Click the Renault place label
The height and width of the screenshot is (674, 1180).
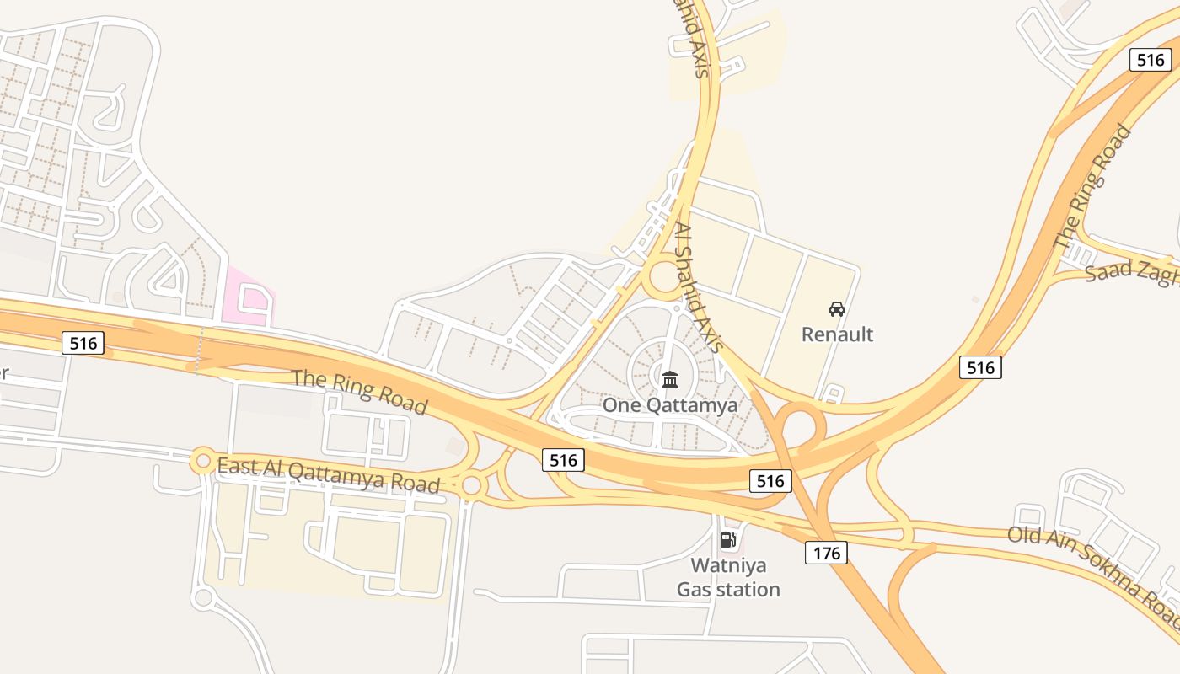point(837,334)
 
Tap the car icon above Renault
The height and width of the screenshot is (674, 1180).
point(837,309)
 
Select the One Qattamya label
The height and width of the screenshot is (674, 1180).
point(670,405)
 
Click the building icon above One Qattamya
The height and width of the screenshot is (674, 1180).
point(670,379)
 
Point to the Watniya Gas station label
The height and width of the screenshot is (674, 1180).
point(728,577)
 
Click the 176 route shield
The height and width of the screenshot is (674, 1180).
point(826,553)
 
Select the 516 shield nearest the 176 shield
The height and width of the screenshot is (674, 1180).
point(770,481)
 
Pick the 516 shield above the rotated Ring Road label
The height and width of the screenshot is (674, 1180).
point(1150,60)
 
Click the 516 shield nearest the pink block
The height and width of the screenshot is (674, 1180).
point(83,343)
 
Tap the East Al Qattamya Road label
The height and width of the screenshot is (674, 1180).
point(328,475)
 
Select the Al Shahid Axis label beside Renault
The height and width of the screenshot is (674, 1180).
point(700,287)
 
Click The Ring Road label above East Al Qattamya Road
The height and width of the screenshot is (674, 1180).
point(359,390)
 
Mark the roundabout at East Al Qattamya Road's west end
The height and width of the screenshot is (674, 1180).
point(202,461)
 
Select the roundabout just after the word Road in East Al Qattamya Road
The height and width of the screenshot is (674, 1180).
point(472,485)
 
